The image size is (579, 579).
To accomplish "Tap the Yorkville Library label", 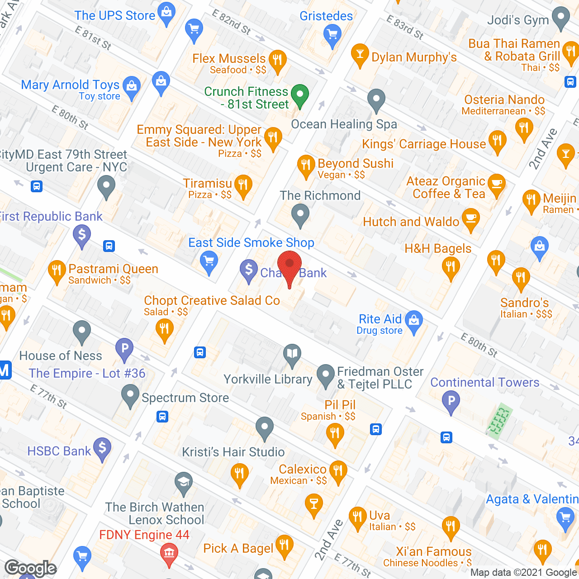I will [x=268, y=379].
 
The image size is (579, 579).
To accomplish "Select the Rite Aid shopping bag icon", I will [x=414, y=321].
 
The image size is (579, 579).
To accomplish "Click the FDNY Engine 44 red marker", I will [x=169, y=554].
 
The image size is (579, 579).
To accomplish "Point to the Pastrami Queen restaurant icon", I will [x=57, y=271].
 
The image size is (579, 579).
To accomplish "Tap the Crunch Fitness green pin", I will [x=299, y=95].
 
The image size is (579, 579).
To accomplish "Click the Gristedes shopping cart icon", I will [x=332, y=34].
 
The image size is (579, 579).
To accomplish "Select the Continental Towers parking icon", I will [x=451, y=401].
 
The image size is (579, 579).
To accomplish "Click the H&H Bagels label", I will [x=438, y=248].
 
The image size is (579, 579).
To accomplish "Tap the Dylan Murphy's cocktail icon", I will [x=360, y=55].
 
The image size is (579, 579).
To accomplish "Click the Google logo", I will [x=30, y=568].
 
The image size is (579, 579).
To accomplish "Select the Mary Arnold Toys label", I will [x=70, y=85].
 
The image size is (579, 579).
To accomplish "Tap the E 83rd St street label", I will [x=405, y=27].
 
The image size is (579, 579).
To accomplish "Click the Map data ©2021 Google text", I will [x=523, y=572].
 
